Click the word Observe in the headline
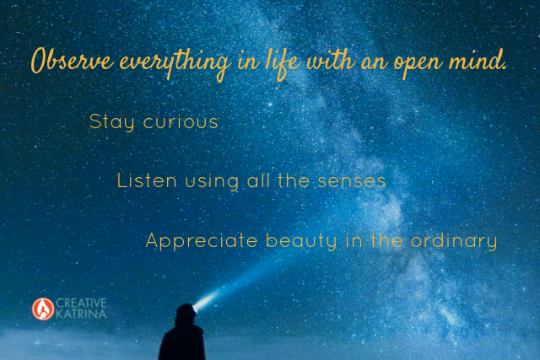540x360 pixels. (x=73, y=61)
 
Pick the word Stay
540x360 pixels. (x=111, y=122)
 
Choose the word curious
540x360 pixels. (x=181, y=122)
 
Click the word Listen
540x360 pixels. (x=147, y=180)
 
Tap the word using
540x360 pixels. (x=212, y=182)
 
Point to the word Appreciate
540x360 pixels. (x=202, y=240)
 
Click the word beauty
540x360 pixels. (x=301, y=240)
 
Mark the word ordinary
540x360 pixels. (x=454, y=241)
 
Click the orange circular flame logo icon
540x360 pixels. (x=43, y=309)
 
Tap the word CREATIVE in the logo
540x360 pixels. (x=81, y=303)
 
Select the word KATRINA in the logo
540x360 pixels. (x=81, y=314)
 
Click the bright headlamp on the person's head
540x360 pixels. (x=197, y=307)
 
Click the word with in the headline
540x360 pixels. (x=332, y=61)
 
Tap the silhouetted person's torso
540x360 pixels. (x=182, y=343)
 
